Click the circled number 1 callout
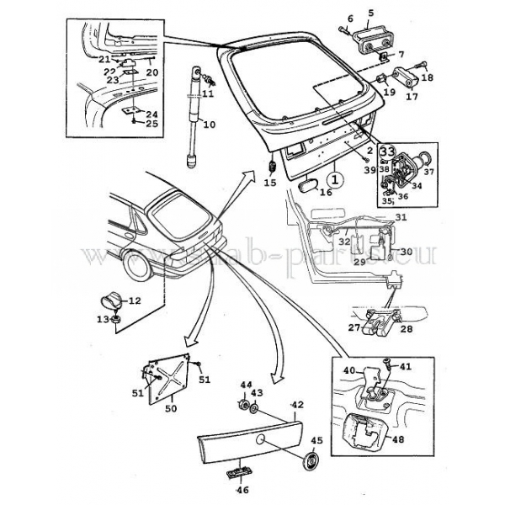point(334,178)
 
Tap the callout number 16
point(326,193)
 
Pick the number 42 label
point(296,405)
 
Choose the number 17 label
point(412,96)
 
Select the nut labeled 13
point(116,320)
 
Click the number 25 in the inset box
point(151,124)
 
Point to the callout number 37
point(428,173)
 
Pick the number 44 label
point(247,385)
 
